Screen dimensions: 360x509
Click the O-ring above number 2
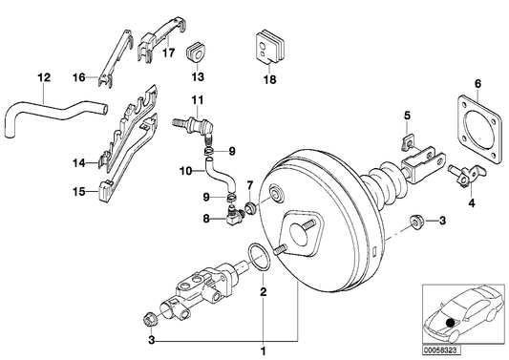pyautogui.click(x=257, y=256)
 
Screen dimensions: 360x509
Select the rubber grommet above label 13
pyautogui.click(x=198, y=48)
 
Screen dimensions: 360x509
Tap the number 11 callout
pyautogui.click(x=198, y=100)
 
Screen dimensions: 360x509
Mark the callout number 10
pyautogui.click(x=187, y=172)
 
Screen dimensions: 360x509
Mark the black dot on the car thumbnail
pyautogui.click(x=450, y=325)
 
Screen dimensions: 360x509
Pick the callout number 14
pyautogui.click(x=80, y=163)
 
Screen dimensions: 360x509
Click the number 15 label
pyautogui.click(x=80, y=191)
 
